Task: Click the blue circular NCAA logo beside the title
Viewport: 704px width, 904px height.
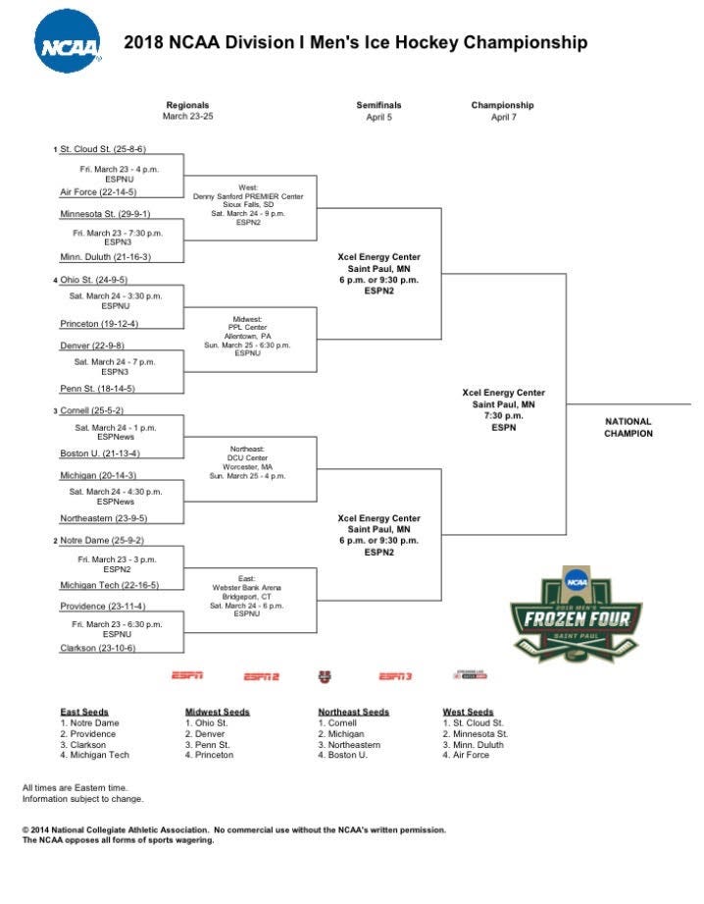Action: tap(68, 44)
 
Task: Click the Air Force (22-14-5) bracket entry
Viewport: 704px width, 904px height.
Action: tap(98, 192)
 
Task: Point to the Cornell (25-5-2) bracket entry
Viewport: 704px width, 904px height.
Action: tap(92, 410)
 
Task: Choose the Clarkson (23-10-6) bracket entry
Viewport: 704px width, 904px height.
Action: tap(97, 648)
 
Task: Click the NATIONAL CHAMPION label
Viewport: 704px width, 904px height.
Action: tap(629, 427)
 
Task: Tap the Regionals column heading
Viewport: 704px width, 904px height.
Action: tap(187, 105)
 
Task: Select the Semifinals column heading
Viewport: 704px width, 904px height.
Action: tap(378, 105)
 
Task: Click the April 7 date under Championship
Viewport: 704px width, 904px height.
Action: tap(503, 117)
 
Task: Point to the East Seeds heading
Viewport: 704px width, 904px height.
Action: tap(84, 712)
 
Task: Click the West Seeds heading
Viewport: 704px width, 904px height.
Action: tap(468, 712)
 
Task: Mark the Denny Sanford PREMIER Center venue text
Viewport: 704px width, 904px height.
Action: tap(248, 196)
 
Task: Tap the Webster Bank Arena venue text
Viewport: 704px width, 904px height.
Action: tap(247, 587)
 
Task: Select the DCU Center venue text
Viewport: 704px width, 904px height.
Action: tap(247, 458)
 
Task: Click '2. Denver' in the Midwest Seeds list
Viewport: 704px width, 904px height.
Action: tap(205, 733)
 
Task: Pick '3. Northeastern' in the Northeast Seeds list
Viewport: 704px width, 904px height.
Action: tap(349, 744)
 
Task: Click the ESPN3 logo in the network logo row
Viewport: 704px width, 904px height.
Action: tap(395, 676)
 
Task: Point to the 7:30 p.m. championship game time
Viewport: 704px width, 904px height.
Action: tap(503, 415)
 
